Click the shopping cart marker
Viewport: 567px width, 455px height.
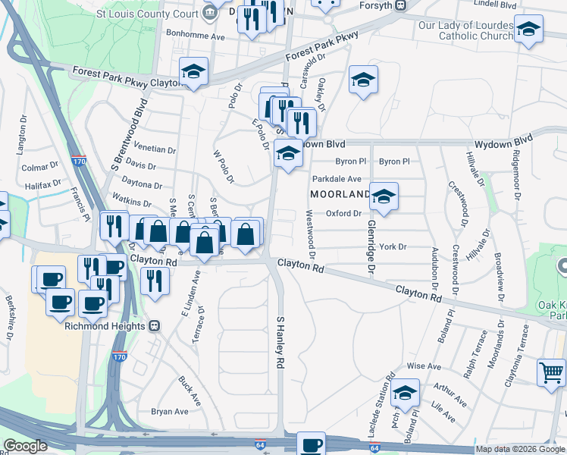click(551, 372)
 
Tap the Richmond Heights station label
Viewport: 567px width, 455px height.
click(105, 326)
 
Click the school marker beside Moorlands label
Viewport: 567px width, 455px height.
click(384, 196)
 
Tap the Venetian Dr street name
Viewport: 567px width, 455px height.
click(155, 149)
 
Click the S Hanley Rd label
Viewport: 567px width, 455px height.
click(280, 343)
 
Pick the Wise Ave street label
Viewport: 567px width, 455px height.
click(424, 366)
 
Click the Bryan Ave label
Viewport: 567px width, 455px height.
click(170, 412)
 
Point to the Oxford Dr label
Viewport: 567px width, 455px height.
click(343, 213)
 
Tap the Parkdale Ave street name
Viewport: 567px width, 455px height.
click(337, 179)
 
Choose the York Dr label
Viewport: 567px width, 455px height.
click(393, 246)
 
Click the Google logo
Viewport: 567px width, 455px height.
click(25, 446)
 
